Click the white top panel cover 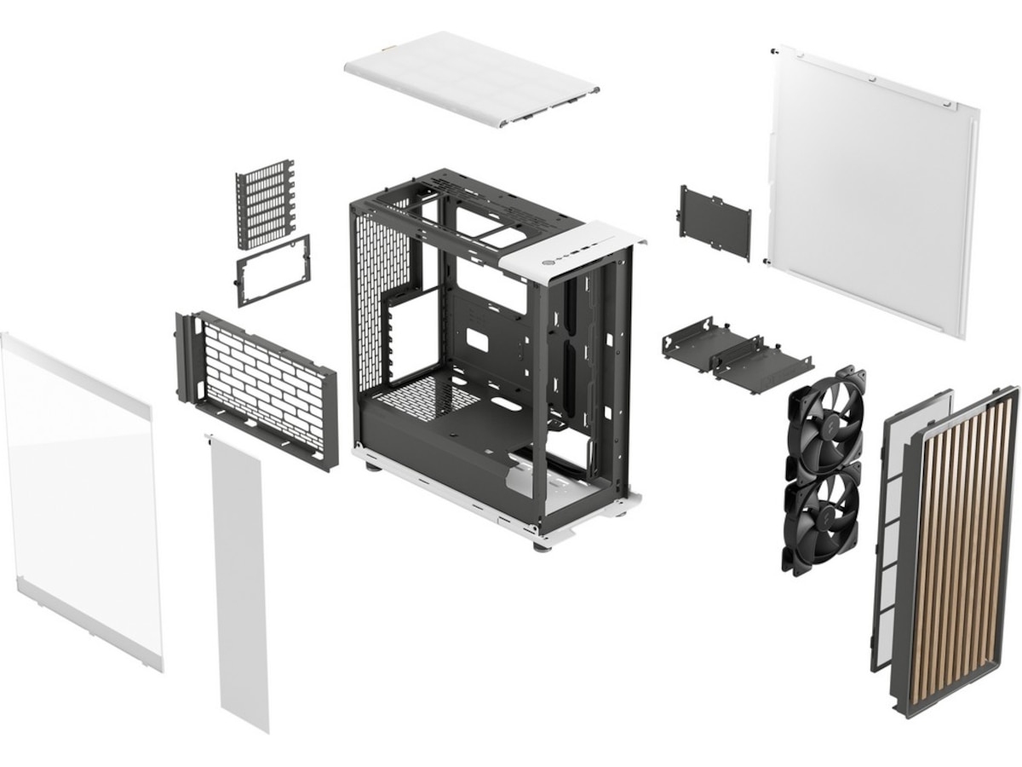pos(471,78)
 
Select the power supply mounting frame pos(273,270)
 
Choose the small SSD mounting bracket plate pos(715,222)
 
